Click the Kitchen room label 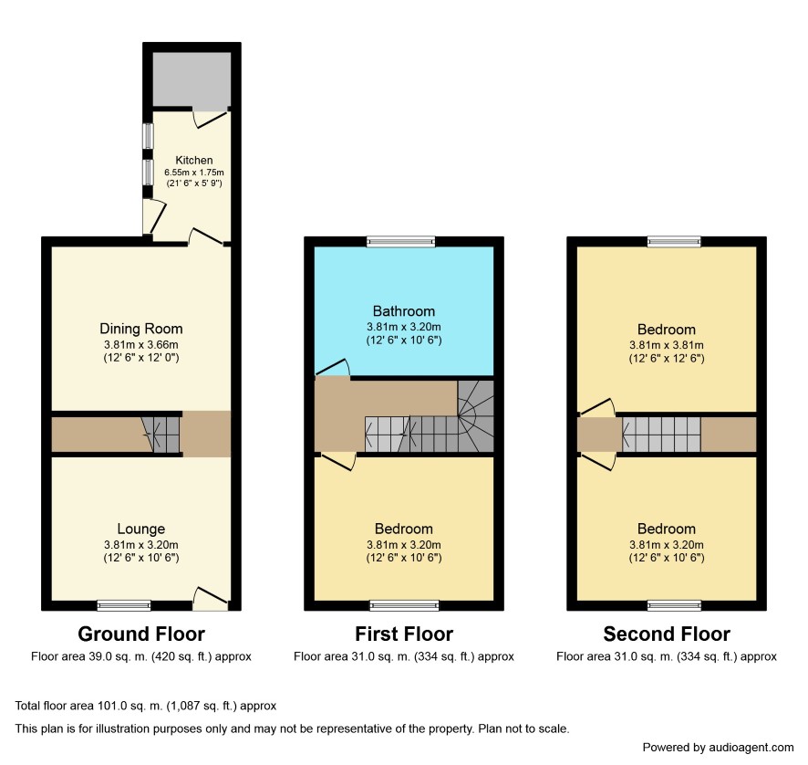(193, 160)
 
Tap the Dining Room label (141, 329)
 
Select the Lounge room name (141, 529)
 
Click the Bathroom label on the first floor (404, 311)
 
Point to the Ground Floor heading (141, 634)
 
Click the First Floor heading (404, 634)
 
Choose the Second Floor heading (667, 634)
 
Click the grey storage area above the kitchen (192, 79)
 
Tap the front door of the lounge (211, 597)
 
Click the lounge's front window (124, 605)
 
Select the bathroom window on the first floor (401, 241)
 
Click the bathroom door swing (333, 367)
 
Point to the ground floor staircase (161, 435)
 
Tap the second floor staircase (662, 434)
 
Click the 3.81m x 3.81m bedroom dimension (667, 345)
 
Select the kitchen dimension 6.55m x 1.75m (194, 173)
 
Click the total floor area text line (146, 706)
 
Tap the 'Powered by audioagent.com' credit (718, 748)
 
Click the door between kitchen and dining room (206, 236)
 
